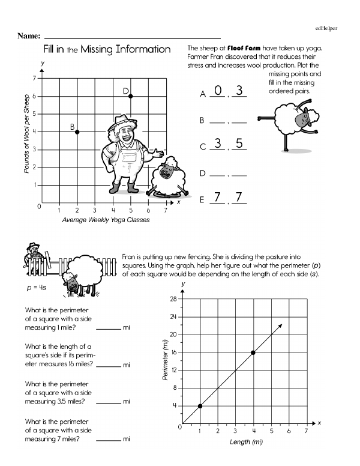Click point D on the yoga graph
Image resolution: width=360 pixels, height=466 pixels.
[130, 96]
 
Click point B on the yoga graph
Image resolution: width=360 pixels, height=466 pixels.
[77, 132]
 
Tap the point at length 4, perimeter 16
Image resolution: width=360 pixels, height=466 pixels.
[253, 353]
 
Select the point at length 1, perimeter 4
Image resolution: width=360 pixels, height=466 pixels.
[199, 406]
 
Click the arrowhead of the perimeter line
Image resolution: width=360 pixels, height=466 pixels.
[281, 325]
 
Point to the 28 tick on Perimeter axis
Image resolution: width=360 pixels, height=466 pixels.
[173, 299]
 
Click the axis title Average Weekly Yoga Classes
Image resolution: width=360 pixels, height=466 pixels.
[106, 220]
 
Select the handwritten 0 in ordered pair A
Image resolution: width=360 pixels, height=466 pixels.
[218, 91]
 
